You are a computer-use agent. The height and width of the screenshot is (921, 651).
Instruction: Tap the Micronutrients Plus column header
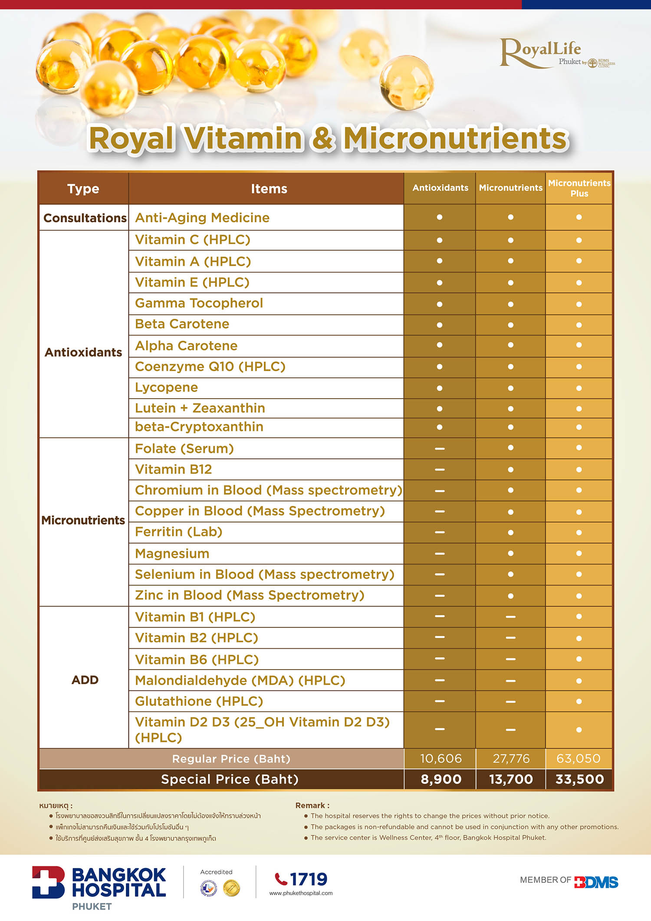[579, 188]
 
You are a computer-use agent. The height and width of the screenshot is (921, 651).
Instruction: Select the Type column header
[83, 189]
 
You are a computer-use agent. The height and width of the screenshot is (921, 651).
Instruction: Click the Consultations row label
[85, 218]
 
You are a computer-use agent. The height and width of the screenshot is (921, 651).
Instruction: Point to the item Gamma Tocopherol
[199, 303]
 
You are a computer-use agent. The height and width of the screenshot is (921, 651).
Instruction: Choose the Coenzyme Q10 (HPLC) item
[210, 366]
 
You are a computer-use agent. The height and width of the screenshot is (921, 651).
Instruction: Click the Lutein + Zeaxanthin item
[200, 408]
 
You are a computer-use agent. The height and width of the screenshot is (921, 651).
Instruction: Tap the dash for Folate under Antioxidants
[440, 449]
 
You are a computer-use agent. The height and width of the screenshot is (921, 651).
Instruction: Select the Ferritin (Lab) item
[179, 532]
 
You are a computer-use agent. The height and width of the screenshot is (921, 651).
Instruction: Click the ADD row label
[85, 680]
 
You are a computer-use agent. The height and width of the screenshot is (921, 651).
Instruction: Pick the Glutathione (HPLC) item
[199, 701]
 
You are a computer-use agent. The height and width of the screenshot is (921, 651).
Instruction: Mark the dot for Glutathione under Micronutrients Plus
[579, 701]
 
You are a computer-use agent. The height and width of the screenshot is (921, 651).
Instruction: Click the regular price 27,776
[511, 759]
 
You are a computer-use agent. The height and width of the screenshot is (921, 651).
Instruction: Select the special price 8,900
[441, 779]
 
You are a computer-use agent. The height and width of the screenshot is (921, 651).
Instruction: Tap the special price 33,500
[579, 779]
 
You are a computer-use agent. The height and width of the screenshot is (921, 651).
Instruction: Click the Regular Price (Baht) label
[231, 759]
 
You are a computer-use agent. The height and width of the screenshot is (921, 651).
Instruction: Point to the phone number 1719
[308, 879]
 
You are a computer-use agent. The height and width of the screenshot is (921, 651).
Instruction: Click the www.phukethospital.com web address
[301, 893]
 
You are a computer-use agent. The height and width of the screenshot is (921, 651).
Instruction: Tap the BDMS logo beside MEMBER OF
[596, 882]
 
